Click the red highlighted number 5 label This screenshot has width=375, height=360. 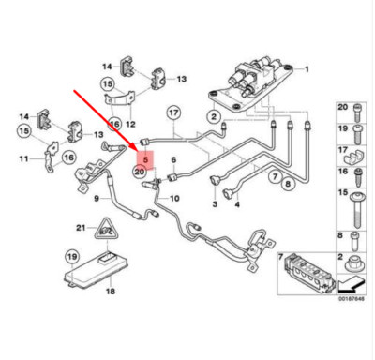pyautogui.click(x=145, y=159)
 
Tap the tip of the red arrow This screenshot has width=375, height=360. pyautogui.click(x=137, y=150)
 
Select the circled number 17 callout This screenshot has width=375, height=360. pyautogui.click(x=173, y=113)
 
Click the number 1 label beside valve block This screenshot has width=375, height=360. pyautogui.click(x=307, y=69)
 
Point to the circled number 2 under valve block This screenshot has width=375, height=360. pyautogui.click(x=214, y=117)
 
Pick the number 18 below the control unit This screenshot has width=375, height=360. pyautogui.click(x=111, y=292)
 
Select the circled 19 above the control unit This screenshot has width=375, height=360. pyautogui.click(x=72, y=257)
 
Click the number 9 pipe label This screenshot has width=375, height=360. pyautogui.click(x=97, y=198)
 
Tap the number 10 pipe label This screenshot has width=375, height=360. pyautogui.click(x=174, y=198)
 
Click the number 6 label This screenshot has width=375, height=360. pyautogui.click(x=173, y=160)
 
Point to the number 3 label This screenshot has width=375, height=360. pyautogui.click(x=215, y=204)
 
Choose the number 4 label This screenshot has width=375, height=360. pyautogui.click(x=237, y=204)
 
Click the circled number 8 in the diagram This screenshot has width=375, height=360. pyautogui.click(x=288, y=183)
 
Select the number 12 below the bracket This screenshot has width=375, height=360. pyautogui.click(x=131, y=125)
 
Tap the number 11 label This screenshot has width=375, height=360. pyautogui.click(x=24, y=158)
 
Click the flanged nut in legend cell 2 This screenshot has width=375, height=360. pyautogui.click(x=354, y=264)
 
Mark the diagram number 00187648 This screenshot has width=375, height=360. pyautogui.click(x=352, y=299)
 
